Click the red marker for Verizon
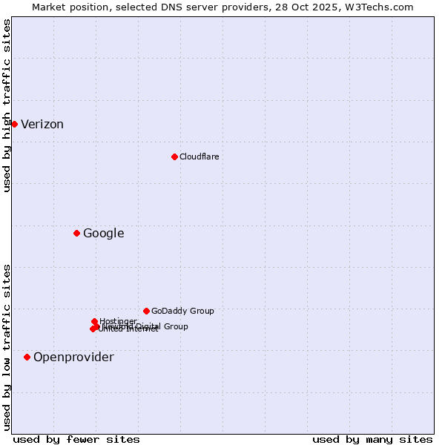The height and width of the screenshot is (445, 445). (x=14, y=124)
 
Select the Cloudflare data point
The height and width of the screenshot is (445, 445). (x=174, y=156)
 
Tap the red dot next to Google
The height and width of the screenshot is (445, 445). (x=76, y=233)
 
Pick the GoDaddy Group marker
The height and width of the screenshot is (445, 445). (x=146, y=311)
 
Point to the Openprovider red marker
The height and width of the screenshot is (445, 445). (x=27, y=357)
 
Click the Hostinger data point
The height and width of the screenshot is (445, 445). (x=94, y=321)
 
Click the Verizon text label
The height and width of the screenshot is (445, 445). (x=42, y=124)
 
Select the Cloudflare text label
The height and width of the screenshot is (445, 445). (x=199, y=156)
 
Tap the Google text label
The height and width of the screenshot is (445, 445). (x=103, y=233)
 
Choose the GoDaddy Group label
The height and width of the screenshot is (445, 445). (x=182, y=311)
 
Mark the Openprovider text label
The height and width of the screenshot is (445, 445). (x=73, y=357)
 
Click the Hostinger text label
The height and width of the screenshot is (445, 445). (x=118, y=321)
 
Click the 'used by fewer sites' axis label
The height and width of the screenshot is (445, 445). (x=76, y=439)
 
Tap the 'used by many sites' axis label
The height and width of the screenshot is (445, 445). (x=372, y=439)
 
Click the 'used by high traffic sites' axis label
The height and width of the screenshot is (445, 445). (x=7, y=105)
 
